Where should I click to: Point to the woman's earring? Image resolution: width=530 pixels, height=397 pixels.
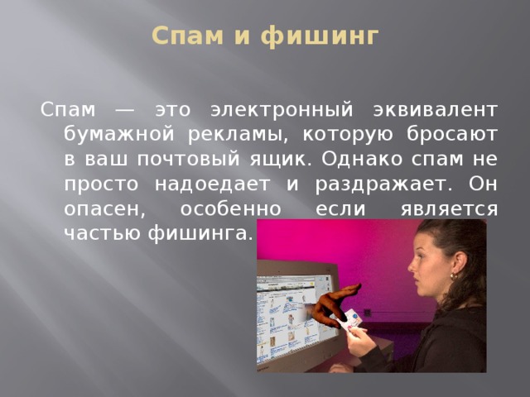coord(453,274)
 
